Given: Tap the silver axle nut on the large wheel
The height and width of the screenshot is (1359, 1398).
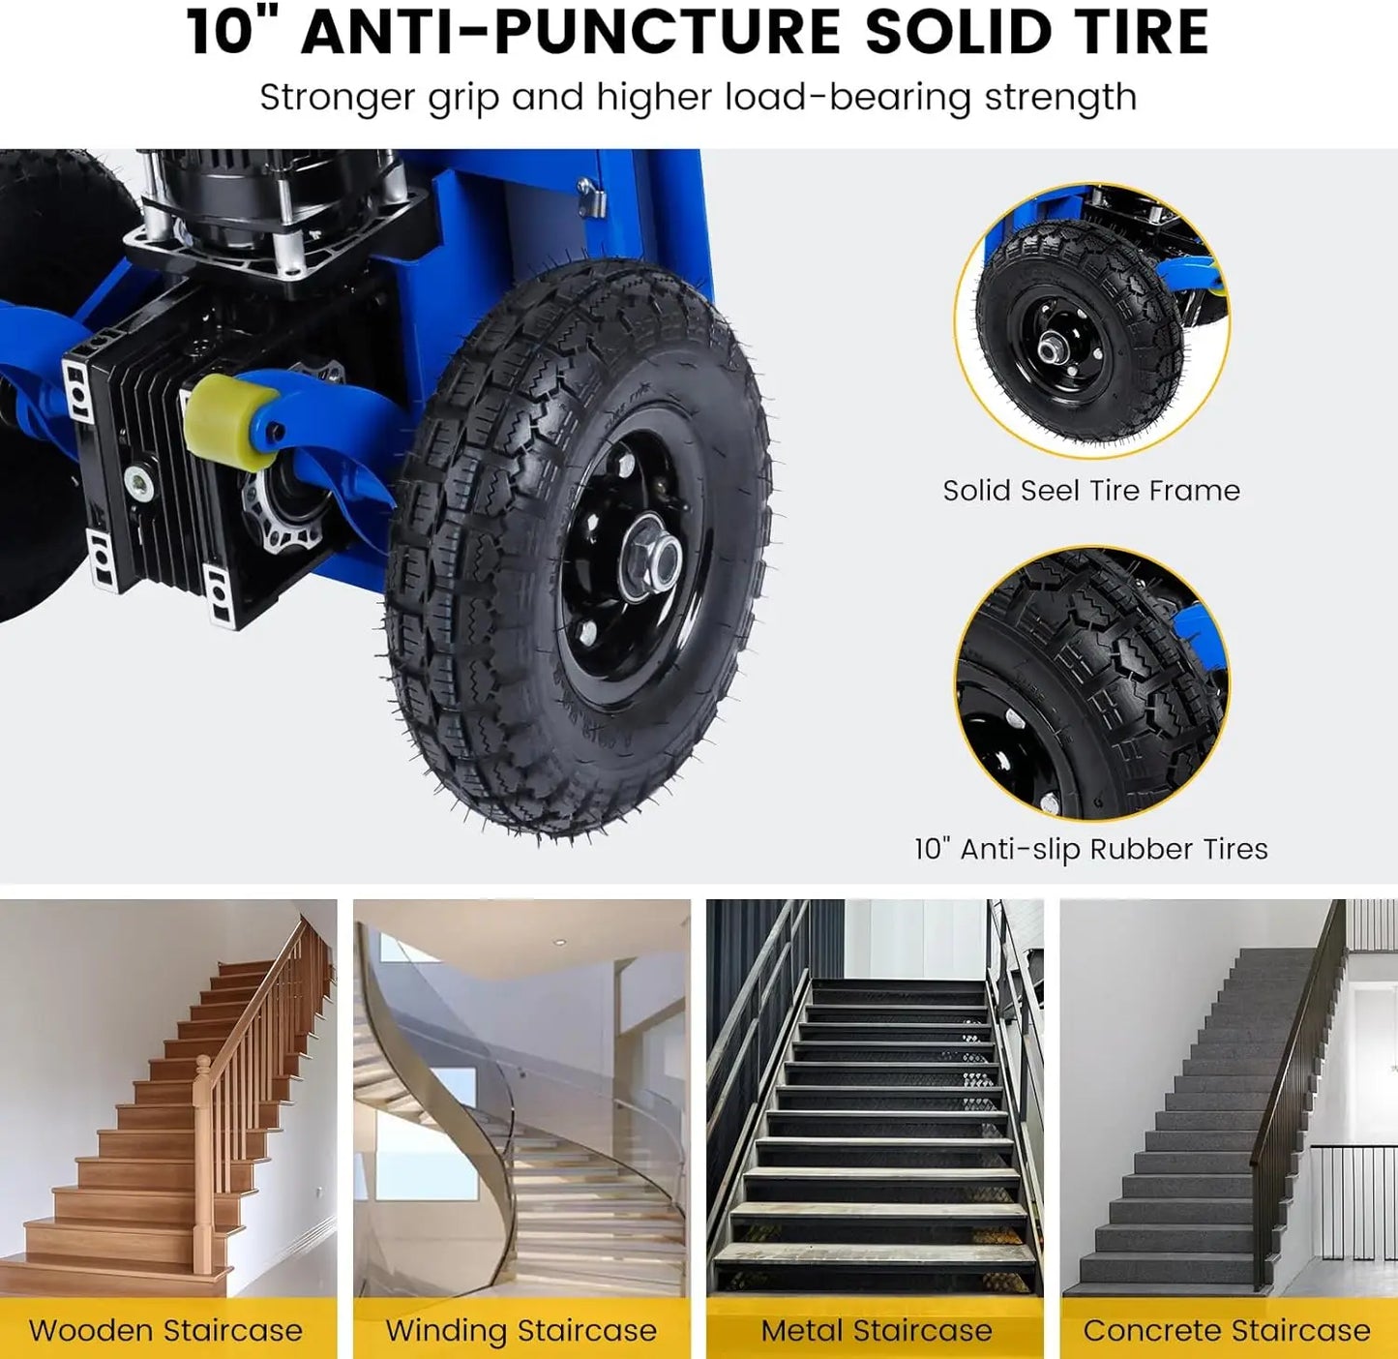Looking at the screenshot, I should tap(657, 559).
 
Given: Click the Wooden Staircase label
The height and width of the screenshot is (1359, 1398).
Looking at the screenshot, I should tap(165, 1330).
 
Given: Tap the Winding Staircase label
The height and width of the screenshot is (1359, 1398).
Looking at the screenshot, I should tap(521, 1330).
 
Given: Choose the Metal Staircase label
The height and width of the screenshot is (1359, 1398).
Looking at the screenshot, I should tap(876, 1330).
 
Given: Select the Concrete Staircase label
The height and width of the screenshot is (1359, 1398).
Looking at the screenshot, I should tap(1226, 1330).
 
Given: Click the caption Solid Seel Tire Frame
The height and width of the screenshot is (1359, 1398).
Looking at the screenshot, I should tap(1090, 491).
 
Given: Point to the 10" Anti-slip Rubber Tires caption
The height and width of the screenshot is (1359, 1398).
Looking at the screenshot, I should tap(1090, 849).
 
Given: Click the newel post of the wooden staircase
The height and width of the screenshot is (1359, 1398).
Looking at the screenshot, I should tap(203, 1162).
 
